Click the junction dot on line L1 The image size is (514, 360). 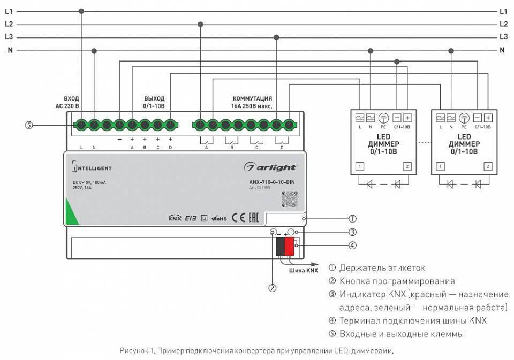(81, 11)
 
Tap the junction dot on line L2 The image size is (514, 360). (200, 24)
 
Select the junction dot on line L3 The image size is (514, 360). (276, 37)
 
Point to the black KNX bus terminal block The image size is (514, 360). (280, 247)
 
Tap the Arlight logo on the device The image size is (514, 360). (270, 167)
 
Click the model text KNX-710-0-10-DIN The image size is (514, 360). (272, 182)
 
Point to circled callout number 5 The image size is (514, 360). (29, 125)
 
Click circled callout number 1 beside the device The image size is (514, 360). (352, 218)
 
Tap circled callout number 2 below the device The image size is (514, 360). (273, 288)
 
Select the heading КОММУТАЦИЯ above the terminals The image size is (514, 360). (252, 99)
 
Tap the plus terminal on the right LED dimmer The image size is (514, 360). (488, 118)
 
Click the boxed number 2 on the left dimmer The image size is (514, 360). (407, 166)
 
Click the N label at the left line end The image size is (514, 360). (9, 50)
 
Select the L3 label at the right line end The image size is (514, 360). (503, 37)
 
